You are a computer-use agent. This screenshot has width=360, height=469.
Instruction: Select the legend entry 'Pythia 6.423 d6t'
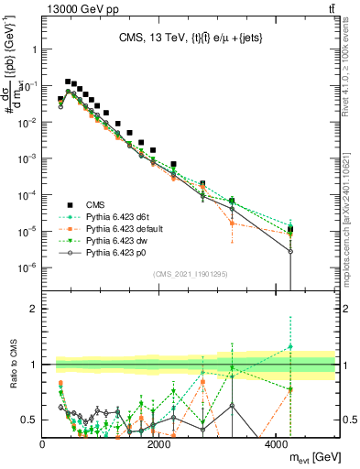(113, 217)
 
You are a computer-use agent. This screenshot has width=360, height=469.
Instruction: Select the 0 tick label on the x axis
(43, 444)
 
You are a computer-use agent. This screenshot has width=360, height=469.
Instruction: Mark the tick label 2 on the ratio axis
(34, 309)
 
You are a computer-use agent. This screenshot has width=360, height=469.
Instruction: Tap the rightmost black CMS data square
(290, 229)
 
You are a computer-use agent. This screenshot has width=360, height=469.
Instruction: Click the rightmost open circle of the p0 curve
(290, 251)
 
